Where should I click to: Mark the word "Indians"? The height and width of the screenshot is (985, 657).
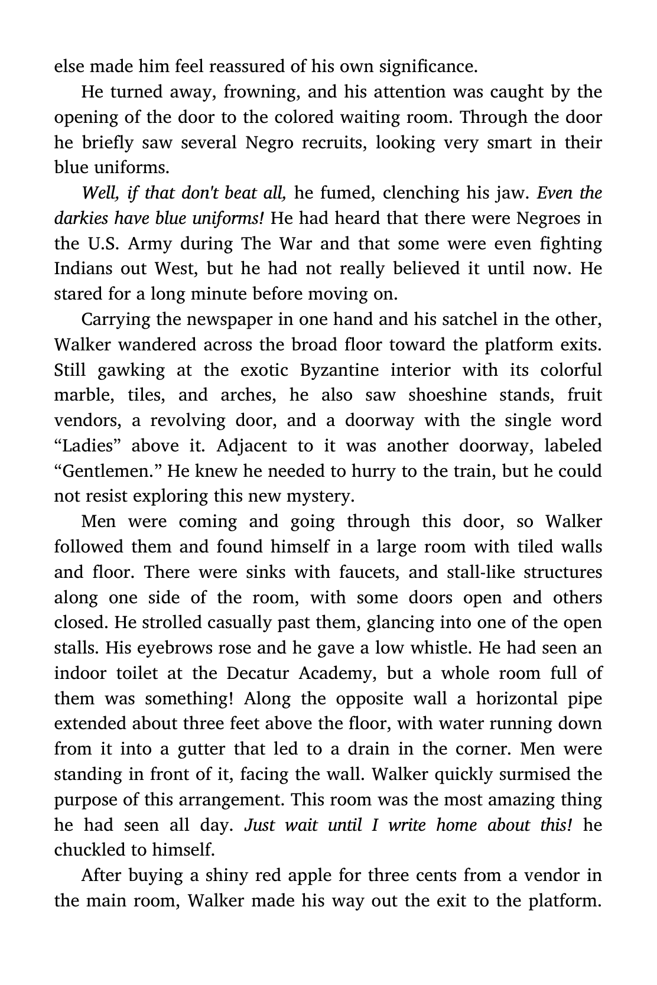83,269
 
